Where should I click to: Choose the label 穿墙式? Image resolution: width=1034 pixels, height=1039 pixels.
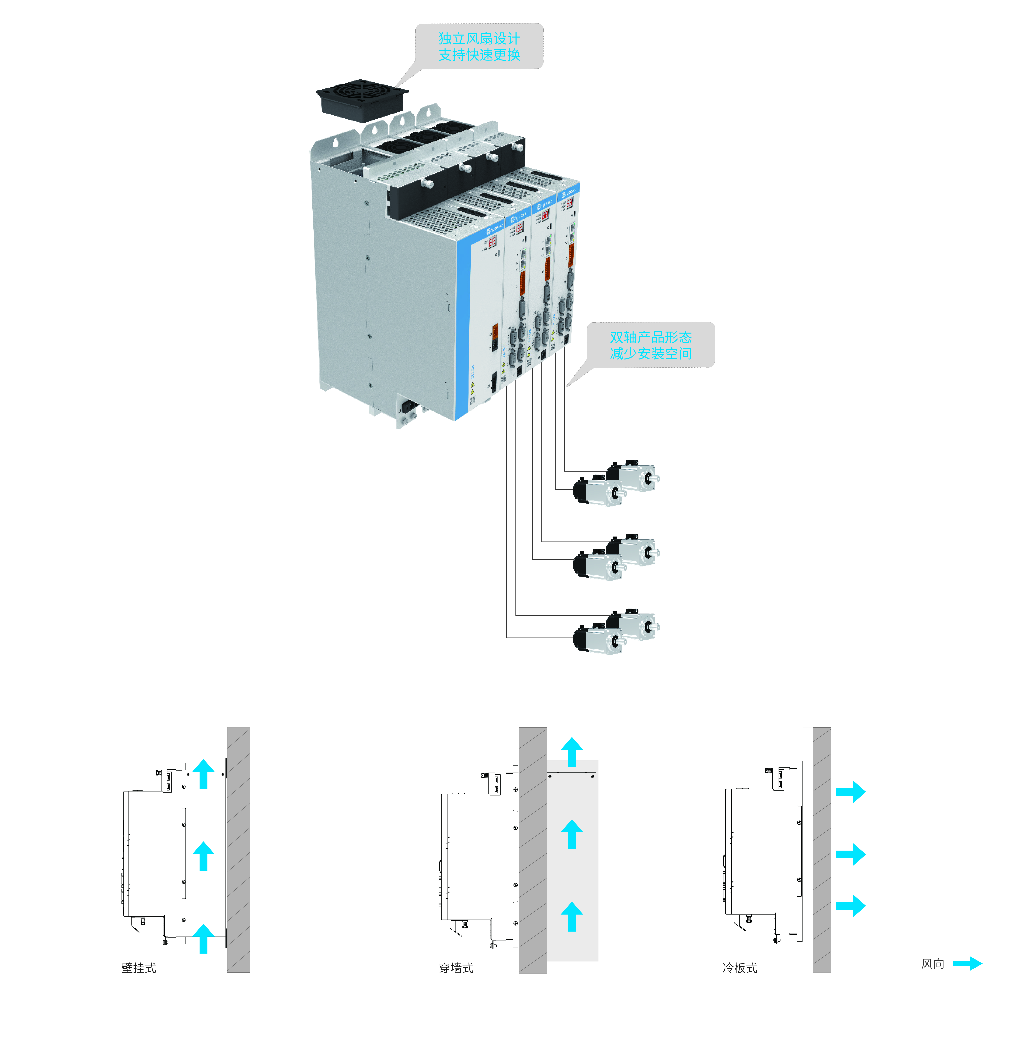(456, 968)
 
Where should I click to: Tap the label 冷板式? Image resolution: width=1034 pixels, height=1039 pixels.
(740, 968)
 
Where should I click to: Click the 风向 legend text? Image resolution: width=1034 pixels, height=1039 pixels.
(932, 964)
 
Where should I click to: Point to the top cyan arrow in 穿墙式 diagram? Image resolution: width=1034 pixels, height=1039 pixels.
(572, 752)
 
